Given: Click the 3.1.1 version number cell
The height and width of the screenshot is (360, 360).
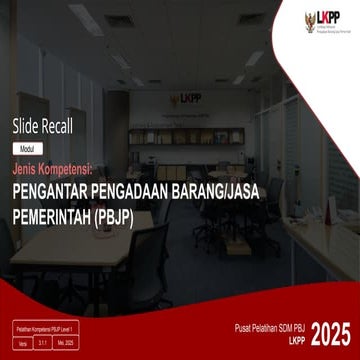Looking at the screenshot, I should (44, 342).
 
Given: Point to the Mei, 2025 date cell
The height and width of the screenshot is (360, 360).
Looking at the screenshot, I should (68, 342).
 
